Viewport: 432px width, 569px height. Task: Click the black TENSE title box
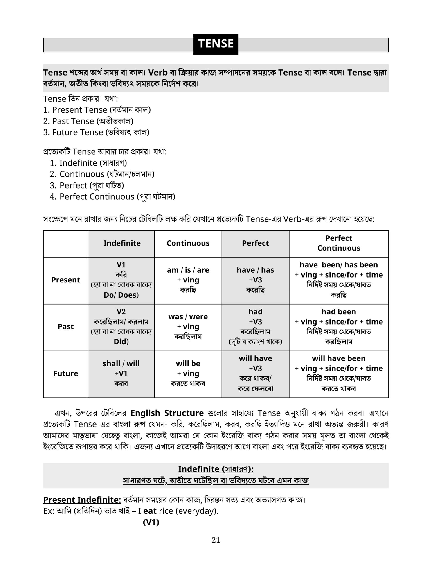(x=216, y=44)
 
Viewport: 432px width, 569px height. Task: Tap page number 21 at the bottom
(x=216, y=540)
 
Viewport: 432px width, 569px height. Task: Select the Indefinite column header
(x=122, y=243)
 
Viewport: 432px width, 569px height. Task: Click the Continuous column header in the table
(x=188, y=243)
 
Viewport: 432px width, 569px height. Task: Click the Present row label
(x=66, y=280)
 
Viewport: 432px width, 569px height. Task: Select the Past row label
(x=66, y=327)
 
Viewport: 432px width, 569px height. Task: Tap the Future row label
(x=66, y=373)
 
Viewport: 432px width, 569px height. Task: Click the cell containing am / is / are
(x=188, y=280)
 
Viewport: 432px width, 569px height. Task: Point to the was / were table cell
(x=188, y=327)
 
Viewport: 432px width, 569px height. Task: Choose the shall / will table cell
(x=121, y=373)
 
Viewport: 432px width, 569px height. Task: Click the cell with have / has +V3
(x=255, y=280)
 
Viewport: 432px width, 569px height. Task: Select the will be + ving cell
(x=188, y=373)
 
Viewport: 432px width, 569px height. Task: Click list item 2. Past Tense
(x=88, y=121)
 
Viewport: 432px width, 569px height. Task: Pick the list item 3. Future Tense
(x=96, y=133)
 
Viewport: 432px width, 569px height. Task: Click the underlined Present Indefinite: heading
(x=82, y=500)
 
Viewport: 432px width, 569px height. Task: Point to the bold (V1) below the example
(x=151, y=522)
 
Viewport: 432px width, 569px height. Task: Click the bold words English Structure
(x=167, y=413)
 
